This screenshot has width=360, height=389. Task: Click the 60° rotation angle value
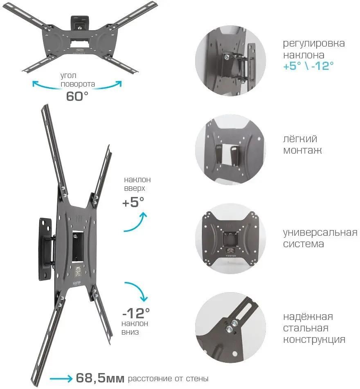point(77,96)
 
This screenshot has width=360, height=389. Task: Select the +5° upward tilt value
point(133,202)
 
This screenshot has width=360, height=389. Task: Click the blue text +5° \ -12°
point(308,66)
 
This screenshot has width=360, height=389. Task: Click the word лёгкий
point(300,139)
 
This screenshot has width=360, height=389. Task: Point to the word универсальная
point(320,233)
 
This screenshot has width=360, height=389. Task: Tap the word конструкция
point(314,340)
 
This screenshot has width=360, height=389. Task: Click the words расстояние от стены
point(168,378)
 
